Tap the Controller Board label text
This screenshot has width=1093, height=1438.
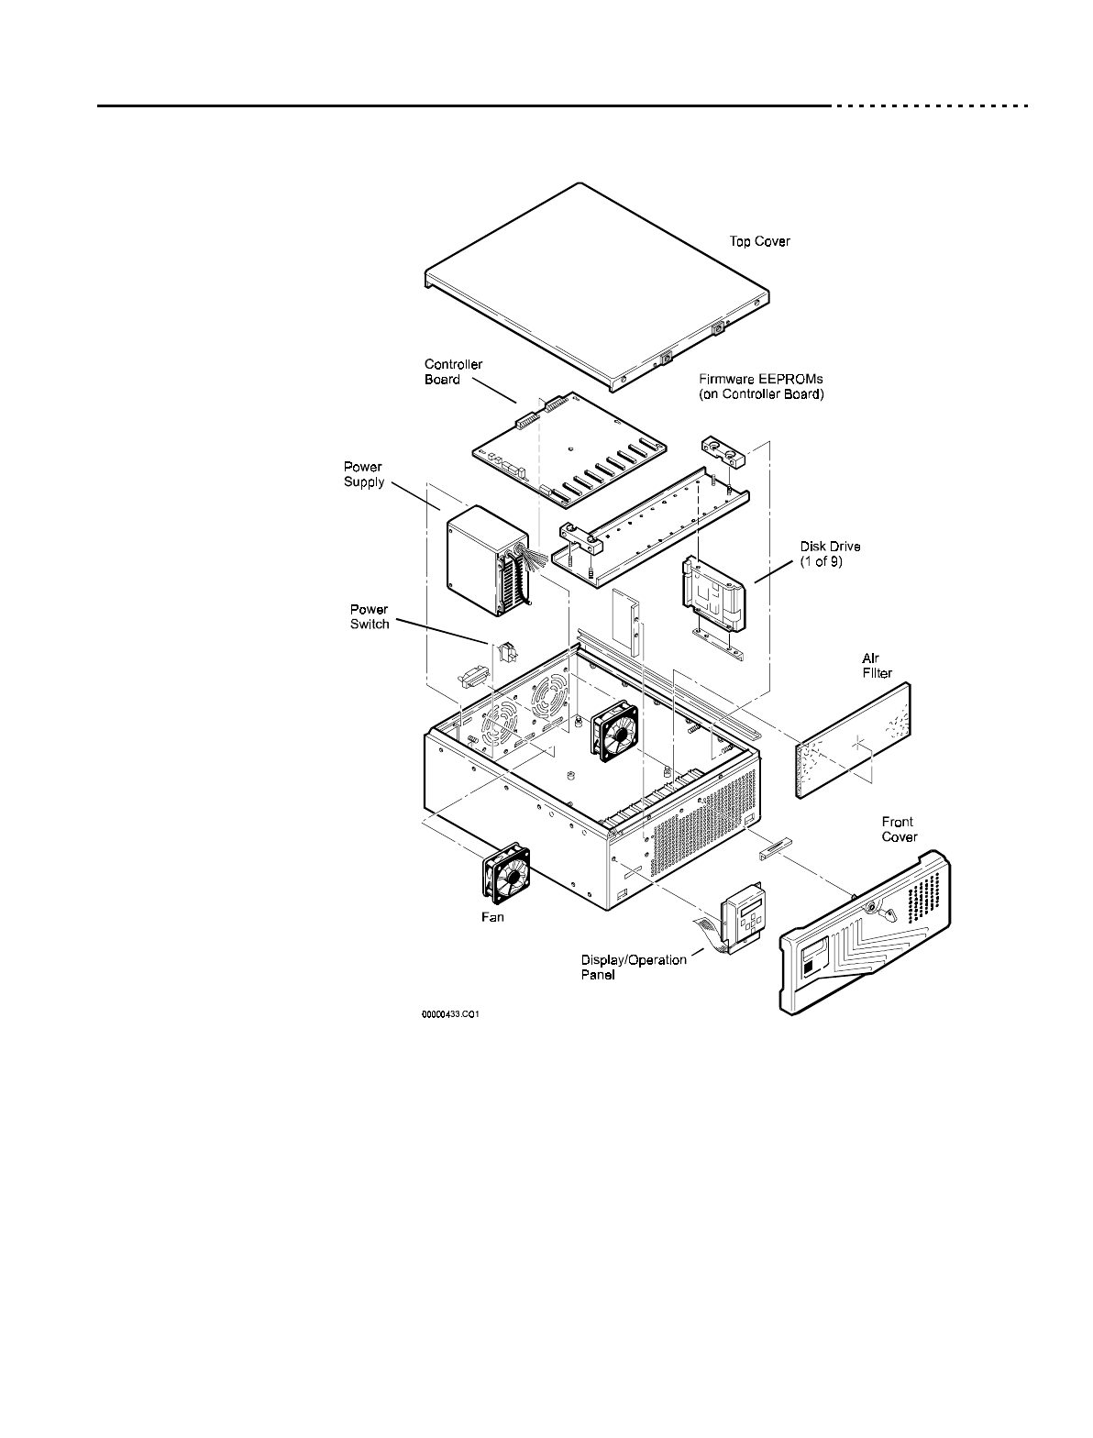click(x=453, y=371)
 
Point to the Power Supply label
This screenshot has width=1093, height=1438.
click(x=364, y=474)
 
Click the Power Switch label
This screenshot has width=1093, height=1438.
click(x=370, y=616)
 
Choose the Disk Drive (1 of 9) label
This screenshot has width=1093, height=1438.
click(x=830, y=554)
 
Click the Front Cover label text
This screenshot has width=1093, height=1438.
click(x=899, y=829)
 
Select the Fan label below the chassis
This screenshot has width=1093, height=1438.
click(x=492, y=916)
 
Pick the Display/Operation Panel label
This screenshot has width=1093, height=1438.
click(x=633, y=967)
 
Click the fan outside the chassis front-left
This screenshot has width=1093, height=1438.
click(x=506, y=870)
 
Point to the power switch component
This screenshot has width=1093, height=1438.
click(x=506, y=653)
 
